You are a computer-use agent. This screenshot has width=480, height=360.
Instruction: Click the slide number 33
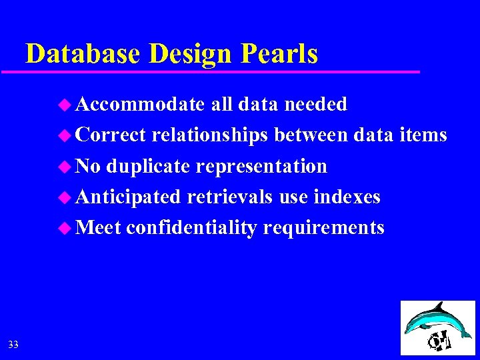coord(13,345)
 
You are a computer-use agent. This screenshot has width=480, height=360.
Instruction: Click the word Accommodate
coord(140,104)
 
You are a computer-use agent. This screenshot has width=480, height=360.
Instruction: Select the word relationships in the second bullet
coord(209,135)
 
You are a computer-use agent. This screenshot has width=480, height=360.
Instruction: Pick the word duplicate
coord(147,166)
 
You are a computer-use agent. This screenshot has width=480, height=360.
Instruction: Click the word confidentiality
coord(191,228)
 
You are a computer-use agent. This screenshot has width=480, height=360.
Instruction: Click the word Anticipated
coord(128,197)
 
